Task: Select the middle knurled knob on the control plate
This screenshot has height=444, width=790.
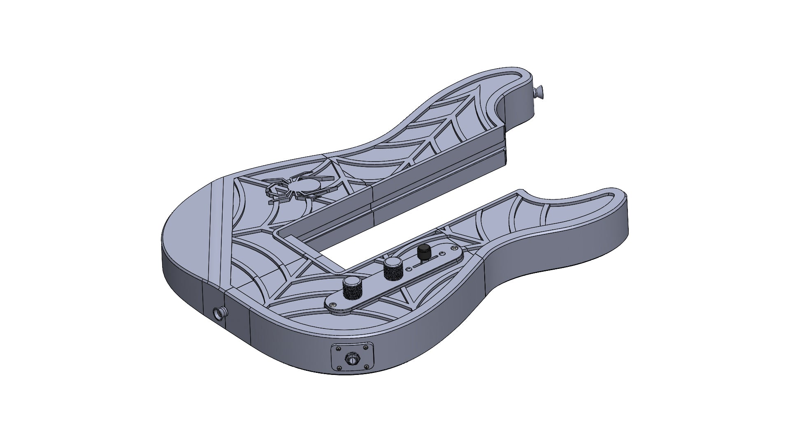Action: (393, 269)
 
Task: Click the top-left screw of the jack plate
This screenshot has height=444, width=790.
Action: (339, 349)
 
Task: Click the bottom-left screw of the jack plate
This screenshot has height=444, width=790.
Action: (339, 368)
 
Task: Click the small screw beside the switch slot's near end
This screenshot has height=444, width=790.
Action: (409, 269)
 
